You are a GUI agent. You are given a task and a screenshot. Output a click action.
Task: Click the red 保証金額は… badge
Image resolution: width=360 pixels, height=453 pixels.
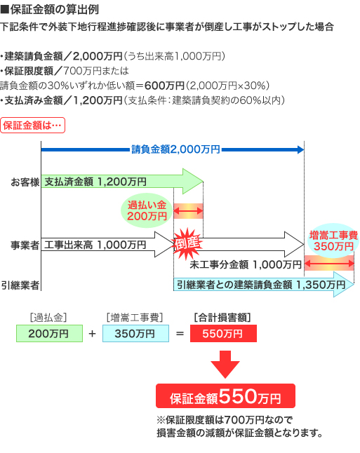[33, 126]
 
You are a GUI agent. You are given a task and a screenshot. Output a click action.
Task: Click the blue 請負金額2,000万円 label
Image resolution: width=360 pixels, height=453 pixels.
[175, 149]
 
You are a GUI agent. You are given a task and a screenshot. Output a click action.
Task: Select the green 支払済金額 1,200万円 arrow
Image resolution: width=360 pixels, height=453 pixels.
[122, 182]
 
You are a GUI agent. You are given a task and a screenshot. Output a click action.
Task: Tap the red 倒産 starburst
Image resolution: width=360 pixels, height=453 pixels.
[187, 243]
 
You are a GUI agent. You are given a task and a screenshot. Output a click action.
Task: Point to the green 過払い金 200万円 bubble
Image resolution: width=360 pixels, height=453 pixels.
[147, 210]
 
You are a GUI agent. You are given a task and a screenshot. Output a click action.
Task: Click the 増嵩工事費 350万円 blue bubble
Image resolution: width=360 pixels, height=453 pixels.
[333, 241]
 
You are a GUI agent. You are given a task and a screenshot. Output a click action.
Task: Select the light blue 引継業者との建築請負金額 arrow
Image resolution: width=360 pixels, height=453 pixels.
[264, 285]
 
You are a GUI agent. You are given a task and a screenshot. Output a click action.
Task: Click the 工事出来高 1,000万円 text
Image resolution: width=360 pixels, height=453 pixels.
[95, 245]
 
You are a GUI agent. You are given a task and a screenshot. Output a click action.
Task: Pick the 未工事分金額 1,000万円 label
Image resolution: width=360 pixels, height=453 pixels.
[246, 264]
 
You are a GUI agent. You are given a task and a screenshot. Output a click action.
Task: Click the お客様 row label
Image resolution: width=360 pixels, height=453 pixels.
[25, 182]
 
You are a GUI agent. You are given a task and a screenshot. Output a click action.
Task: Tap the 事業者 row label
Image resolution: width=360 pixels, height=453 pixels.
[25, 245]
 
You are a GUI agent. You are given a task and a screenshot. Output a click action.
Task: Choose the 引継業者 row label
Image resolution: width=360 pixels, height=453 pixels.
[20, 285]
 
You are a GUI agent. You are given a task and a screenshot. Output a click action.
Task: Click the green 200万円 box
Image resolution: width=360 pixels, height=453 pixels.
[49, 333]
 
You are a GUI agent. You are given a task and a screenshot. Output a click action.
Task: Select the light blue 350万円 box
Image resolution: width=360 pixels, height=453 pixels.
[135, 333]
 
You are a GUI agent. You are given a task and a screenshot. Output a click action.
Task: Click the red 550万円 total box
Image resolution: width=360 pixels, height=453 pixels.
[223, 333]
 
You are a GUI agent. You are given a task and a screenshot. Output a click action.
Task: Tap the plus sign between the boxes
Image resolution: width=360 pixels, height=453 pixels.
[92, 334]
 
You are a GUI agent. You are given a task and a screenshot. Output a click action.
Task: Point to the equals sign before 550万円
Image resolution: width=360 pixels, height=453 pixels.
[180, 334]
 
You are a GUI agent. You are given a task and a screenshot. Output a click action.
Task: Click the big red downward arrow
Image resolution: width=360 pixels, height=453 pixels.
[225, 364]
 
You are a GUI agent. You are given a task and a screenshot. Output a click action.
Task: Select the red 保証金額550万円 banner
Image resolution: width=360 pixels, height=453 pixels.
[225, 395]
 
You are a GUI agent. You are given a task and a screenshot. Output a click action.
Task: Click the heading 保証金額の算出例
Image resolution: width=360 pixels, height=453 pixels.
[50, 10]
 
